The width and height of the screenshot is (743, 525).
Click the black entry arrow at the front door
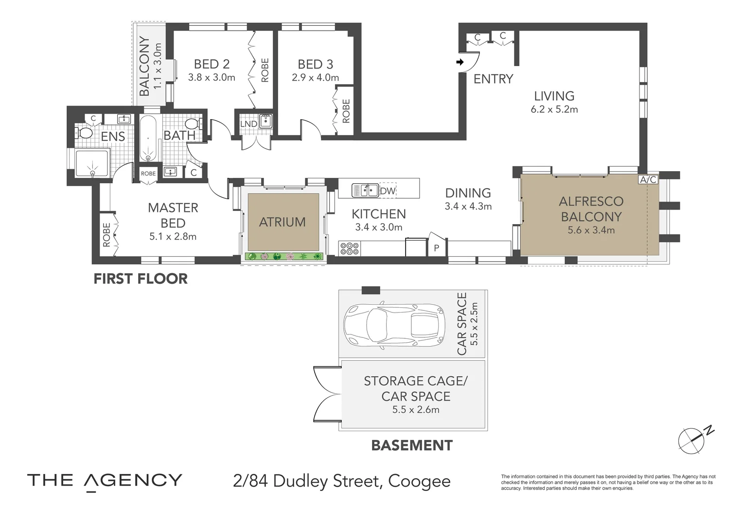pyautogui.click(x=460, y=62)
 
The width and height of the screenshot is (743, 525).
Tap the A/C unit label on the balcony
pyautogui.click(x=648, y=179)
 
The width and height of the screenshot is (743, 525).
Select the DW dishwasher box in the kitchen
pyautogui.click(x=388, y=191)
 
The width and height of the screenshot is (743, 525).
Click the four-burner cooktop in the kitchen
pyautogui.click(x=350, y=249)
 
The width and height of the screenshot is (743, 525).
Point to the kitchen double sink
pyautogui.click(x=365, y=190)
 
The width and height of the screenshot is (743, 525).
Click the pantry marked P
pyautogui.click(x=436, y=247)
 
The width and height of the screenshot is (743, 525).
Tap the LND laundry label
pyautogui.click(x=248, y=124)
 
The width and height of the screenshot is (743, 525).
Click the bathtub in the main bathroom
pyautogui.click(x=149, y=138)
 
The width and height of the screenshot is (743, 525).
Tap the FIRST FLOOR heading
pyautogui.click(x=140, y=279)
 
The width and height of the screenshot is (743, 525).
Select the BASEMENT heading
pyautogui.click(x=411, y=445)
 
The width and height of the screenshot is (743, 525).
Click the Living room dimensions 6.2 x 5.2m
pyautogui.click(x=554, y=110)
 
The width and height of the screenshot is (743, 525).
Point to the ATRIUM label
pyautogui.click(x=282, y=222)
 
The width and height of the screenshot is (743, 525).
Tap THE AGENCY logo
pyautogui.click(x=105, y=481)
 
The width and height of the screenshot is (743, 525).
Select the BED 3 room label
pyautogui.click(x=315, y=64)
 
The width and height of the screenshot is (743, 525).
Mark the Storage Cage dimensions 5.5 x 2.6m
pyautogui.click(x=415, y=410)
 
